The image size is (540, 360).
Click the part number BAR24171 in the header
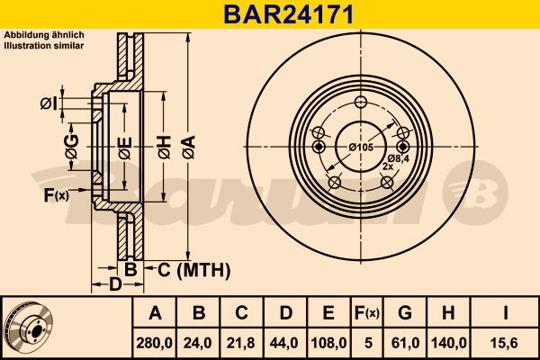tap(289, 14)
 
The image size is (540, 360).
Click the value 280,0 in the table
tap(154, 343)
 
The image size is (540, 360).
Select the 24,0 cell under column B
tap(198, 343)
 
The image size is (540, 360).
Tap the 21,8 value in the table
tap(240, 343)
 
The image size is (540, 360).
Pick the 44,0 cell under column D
tap(283, 343)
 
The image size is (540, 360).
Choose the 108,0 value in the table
tap(328, 343)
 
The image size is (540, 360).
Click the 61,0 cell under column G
tap(405, 343)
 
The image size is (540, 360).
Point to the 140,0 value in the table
tap(449, 343)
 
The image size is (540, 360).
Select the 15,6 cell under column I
tap(505, 343)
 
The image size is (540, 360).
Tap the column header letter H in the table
tap(448, 313)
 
